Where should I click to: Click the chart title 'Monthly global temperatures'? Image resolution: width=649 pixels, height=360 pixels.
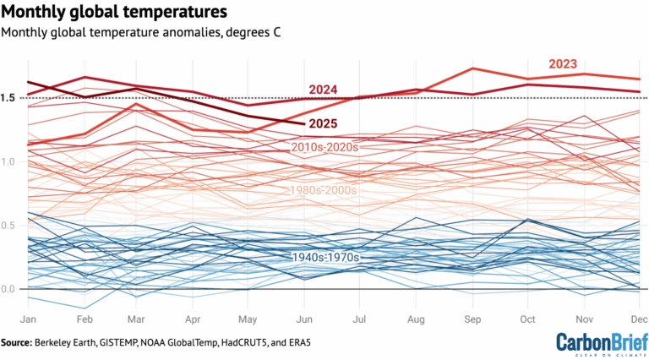tap(115, 13)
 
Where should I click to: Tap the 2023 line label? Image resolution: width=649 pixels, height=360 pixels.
tap(564, 63)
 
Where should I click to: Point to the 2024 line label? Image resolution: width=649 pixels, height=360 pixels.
tap(324, 90)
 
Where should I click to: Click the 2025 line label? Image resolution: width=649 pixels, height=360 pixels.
tap(324, 123)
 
